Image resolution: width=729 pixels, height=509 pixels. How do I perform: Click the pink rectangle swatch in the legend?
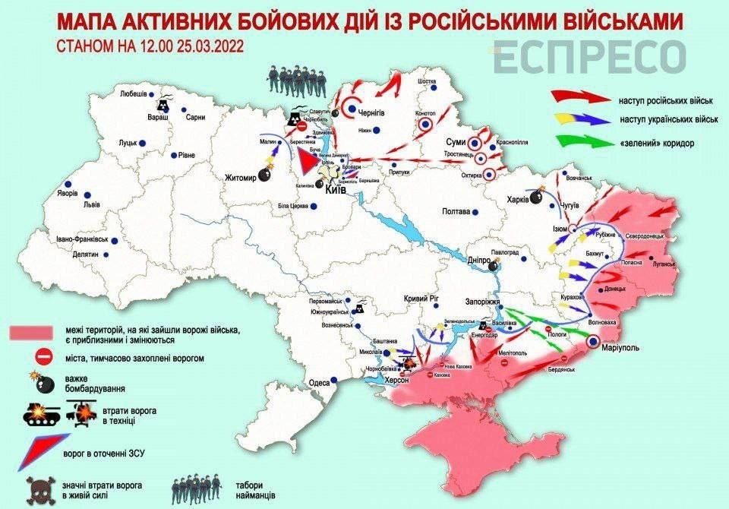(x=31, y=332)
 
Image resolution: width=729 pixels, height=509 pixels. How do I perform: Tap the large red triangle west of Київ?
(x=306, y=161)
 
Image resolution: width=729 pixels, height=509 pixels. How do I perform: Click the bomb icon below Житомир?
(x=263, y=175)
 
